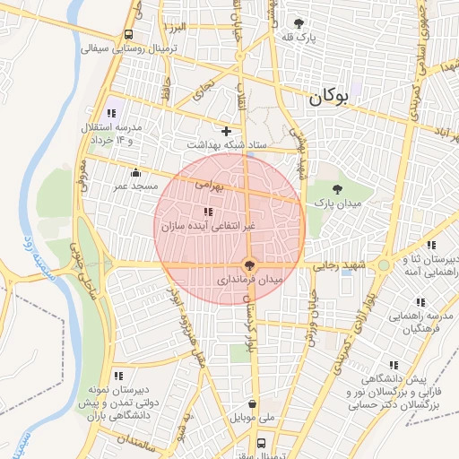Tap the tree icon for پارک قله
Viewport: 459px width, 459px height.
pos(299,23)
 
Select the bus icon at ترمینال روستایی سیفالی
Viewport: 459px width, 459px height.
pos(129,35)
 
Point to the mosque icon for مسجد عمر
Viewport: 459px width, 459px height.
pos(135,172)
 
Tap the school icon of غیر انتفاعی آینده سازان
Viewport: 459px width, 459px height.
pos(208,212)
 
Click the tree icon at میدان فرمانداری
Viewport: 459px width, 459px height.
pos(249,264)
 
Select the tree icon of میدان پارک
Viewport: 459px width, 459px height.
pos(337,189)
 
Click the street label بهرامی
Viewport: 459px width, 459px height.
pos(211,184)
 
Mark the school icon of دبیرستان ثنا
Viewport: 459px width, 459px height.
pos(431,245)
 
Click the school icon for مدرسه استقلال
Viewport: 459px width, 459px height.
pos(111,113)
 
